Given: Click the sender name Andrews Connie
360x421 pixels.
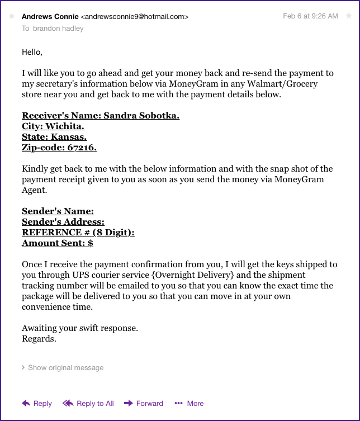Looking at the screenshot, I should (50, 17).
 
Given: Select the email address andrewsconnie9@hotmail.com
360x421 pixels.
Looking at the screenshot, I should (135, 17).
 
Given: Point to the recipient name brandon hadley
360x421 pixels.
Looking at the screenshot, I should (58, 28).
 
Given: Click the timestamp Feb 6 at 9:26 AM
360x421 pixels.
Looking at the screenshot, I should (310, 16).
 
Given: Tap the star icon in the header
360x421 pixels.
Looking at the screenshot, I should (349, 16).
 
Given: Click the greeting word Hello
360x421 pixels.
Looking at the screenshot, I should (32, 52).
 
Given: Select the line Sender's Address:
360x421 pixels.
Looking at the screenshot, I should (63, 222).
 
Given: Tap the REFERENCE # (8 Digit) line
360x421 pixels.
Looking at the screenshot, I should (78, 233).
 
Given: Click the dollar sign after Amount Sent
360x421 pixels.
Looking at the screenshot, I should (90, 243).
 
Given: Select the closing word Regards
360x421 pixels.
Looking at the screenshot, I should (39, 338).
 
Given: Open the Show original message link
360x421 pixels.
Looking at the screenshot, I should (65, 368).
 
